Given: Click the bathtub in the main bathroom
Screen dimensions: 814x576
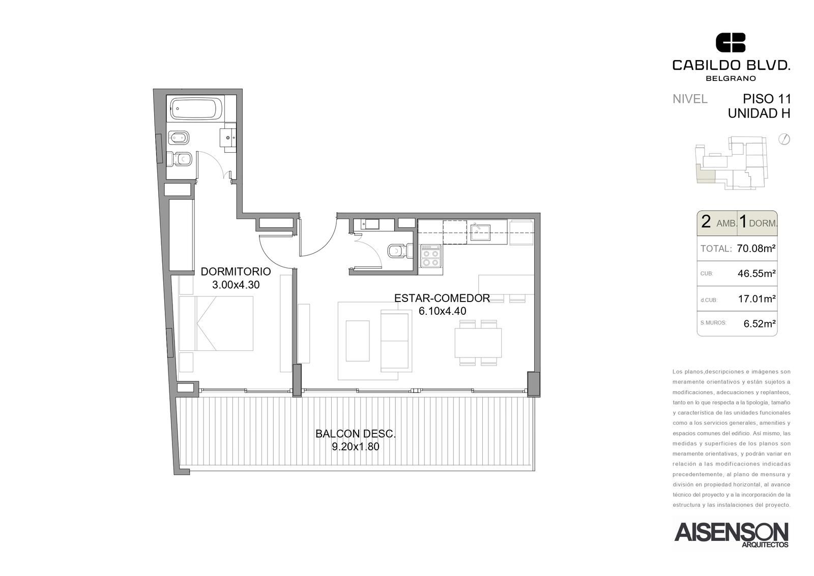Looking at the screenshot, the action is [196, 107].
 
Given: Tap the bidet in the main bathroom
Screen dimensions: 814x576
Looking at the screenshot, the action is [179, 138].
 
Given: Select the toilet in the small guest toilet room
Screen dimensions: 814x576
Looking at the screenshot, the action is [400, 251].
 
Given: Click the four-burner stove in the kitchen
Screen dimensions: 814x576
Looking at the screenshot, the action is [431, 257].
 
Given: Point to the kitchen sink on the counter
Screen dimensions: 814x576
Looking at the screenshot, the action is [480, 233].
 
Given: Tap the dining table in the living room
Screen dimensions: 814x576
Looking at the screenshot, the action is [478, 343].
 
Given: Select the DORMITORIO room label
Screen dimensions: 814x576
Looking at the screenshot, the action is [236, 271].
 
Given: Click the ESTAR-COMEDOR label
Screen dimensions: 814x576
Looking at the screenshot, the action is [442, 298].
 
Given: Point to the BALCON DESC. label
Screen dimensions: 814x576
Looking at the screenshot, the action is [356, 434].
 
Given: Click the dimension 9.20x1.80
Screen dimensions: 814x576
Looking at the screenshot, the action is [356, 447].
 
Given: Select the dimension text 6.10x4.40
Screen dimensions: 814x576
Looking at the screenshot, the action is [442, 311].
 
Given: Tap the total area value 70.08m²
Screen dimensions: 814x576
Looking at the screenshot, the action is [756, 249].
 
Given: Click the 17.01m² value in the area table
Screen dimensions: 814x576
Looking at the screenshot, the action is [757, 299].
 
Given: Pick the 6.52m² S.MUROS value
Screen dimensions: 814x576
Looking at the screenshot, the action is [760, 323].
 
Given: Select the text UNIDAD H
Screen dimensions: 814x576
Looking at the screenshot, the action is [759, 114].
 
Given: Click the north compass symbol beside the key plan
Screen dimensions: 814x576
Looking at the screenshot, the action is [784, 140].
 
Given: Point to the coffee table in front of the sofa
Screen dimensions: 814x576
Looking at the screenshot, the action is [358, 341].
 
